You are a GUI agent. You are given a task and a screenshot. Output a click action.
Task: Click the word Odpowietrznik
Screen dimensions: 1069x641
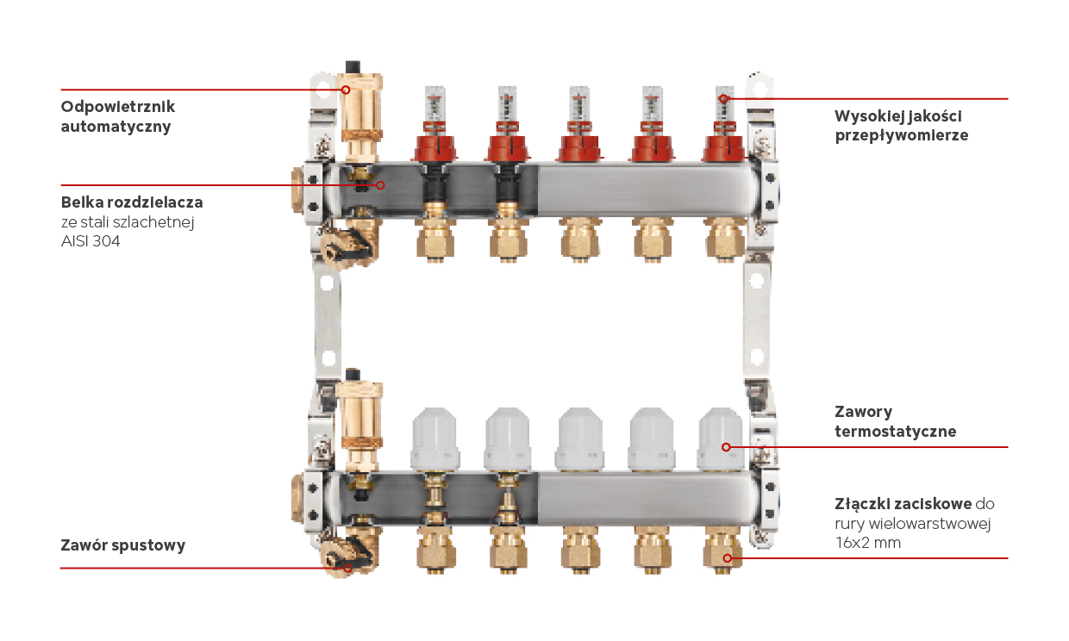[118, 107]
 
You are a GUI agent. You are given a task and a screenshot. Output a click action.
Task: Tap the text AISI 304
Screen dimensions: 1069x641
[91, 241]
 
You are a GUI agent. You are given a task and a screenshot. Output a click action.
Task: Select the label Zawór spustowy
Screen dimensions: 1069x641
[123, 545]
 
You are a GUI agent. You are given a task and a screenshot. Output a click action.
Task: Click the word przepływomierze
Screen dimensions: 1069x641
[902, 135]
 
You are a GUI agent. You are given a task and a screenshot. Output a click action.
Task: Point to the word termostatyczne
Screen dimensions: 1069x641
[895, 432]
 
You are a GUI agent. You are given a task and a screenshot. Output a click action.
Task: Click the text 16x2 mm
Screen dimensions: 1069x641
[867, 543]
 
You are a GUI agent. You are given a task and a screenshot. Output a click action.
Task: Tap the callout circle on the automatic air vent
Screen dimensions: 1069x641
[346, 90]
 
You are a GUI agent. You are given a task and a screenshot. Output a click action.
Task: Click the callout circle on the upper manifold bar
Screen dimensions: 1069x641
[380, 185]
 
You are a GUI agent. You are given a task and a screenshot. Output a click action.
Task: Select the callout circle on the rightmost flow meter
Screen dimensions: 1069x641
[723, 99]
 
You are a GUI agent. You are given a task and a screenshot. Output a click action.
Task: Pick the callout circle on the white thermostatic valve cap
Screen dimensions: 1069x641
[726, 447]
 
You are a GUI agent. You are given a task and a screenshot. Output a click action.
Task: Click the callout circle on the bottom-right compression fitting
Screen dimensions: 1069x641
[727, 558]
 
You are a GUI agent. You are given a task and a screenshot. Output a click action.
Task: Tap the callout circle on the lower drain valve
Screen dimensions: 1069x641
[348, 568]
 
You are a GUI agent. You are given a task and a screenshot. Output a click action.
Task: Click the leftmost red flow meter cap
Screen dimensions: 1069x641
[434, 147]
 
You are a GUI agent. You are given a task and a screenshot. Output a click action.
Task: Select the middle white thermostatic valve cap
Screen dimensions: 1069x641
[580, 439]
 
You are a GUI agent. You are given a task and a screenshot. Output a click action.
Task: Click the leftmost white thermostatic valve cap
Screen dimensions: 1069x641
[435, 439]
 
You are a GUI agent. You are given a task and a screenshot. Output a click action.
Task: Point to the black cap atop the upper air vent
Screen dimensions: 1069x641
[353, 67]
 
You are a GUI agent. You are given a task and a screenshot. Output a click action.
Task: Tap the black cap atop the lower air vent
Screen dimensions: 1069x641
[353, 375]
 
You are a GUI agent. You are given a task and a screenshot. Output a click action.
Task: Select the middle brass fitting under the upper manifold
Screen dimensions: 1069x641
[580, 240]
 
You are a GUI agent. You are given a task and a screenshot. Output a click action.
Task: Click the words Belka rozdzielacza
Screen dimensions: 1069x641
[132, 202]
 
